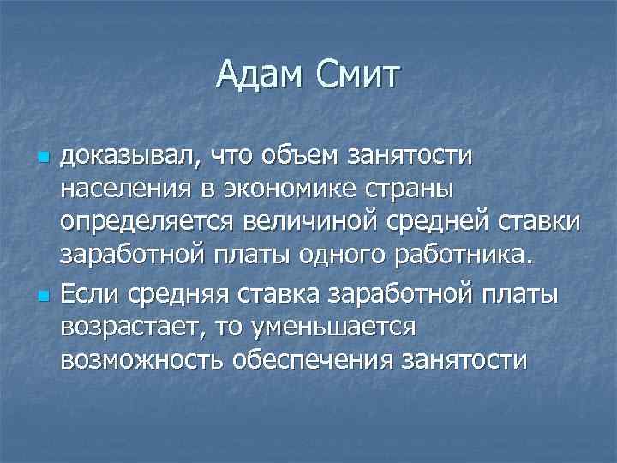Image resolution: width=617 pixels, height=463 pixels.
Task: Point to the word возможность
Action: tap(141, 359)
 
